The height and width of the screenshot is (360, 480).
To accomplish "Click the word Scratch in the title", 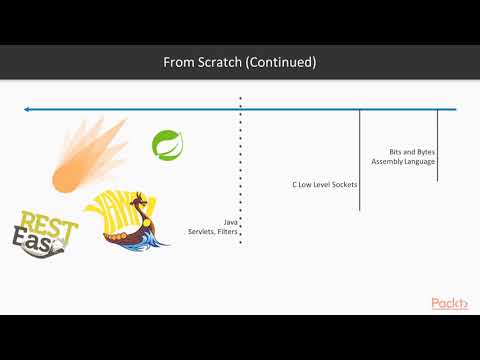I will click(x=214, y=62).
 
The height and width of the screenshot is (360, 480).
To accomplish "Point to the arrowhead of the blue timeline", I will click(x=29, y=108).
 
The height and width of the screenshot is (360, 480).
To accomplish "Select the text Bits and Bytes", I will click(x=412, y=151).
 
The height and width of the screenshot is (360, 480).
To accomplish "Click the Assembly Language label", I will click(x=403, y=161).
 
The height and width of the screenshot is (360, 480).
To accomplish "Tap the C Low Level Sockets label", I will click(x=324, y=185).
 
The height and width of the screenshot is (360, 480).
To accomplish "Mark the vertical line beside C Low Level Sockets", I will click(x=360, y=160).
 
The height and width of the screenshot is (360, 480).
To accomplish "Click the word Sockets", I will click(x=343, y=185).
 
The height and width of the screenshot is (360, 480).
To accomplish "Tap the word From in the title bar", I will click(x=177, y=62).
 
